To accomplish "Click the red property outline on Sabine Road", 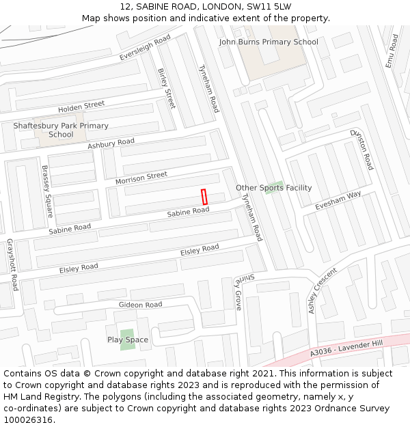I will pos(204,196).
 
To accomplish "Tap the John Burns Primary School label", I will pos(269,42).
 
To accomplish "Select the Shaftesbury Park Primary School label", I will pos(61,130).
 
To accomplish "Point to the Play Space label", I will pos(128,340).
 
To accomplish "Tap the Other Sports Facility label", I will pos(273,188).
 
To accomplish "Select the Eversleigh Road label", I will pos(144,48).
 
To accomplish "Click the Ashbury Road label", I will pos(111,143).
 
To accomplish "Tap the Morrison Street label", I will pos(141,178).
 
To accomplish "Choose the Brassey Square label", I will pos(47,191).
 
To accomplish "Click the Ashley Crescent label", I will pos(323,290).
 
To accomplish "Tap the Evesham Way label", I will pos(338,199).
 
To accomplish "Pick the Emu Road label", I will pos(392,51).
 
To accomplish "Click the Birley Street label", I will pos(166,88).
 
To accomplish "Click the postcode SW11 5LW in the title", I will pos(274,6).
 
